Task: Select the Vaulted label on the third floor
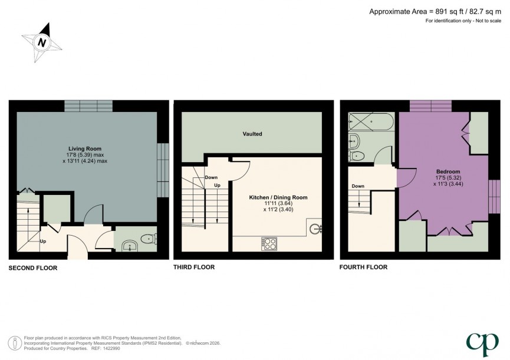tap(252, 134)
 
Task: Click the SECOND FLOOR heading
tap(33, 267)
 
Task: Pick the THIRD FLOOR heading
tap(194, 267)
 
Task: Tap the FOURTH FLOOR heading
tap(363, 267)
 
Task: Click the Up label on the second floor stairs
tap(42, 241)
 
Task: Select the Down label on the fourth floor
tap(358, 186)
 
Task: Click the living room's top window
tap(88, 105)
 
